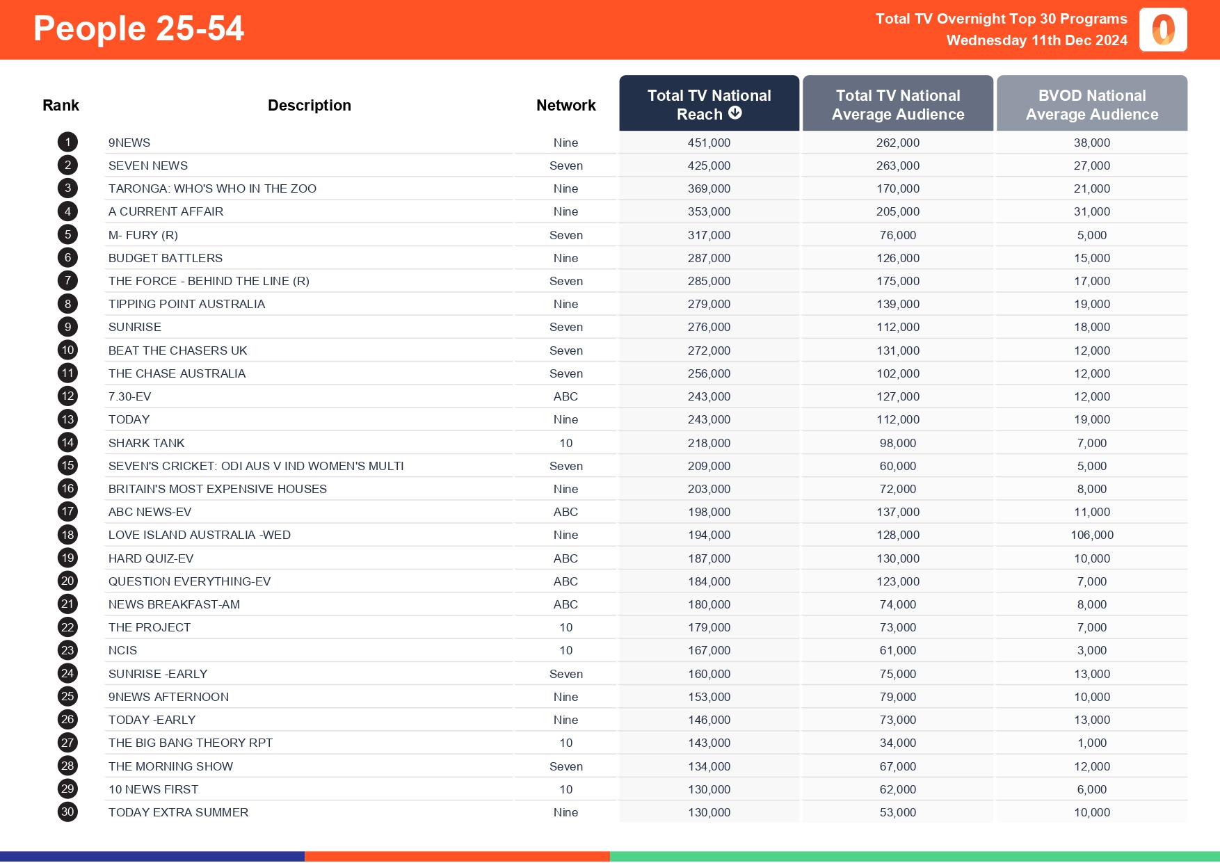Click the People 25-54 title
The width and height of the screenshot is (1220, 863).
pyautogui.click(x=138, y=29)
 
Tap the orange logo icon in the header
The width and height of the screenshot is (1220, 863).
pyautogui.click(x=1163, y=30)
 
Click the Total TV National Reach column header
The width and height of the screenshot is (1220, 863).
pyautogui.click(x=709, y=104)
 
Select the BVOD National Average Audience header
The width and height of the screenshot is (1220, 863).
pyautogui.click(x=1091, y=104)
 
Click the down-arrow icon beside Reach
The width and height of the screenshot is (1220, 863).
pyautogui.click(x=735, y=113)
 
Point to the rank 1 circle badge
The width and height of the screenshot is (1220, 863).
pyautogui.click(x=67, y=143)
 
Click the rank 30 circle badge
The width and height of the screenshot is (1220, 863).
pyautogui.click(x=67, y=812)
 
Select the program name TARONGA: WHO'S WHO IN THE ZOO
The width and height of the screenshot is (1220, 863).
pyautogui.click(x=212, y=188)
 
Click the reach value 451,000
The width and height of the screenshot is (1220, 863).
pyautogui.click(x=709, y=143)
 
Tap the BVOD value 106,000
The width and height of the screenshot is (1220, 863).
pyautogui.click(x=1091, y=535)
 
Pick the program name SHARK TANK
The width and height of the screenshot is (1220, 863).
pyautogui.click(x=146, y=443)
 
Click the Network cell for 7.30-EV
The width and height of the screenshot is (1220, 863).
pyautogui.click(x=565, y=396)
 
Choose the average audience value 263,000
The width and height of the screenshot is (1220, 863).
pyautogui.click(x=897, y=166)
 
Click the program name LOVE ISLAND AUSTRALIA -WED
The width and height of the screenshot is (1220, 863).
pyautogui.click(x=200, y=535)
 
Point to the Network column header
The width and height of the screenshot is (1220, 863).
pyautogui.click(x=565, y=105)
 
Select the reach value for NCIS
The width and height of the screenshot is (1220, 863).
pyautogui.click(x=709, y=650)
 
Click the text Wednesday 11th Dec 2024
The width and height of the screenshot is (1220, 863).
pyautogui.click(x=1036, y=40)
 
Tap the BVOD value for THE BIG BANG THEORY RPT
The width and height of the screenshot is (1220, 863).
pyautogui.click(x=1091, y=743)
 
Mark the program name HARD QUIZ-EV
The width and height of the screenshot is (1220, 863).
pyautogui.click(x=151, y=558)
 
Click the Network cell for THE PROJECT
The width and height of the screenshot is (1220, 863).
pyautogui.click(x=565, y=627)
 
